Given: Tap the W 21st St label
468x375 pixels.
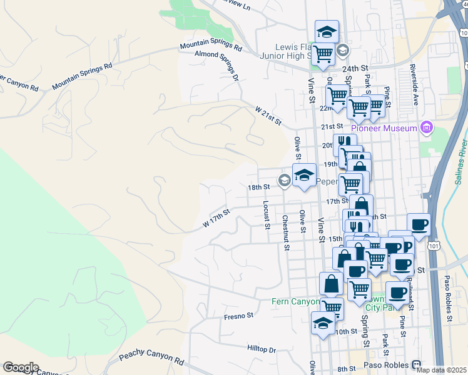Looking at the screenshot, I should pyautogui.click(x=268, y=116).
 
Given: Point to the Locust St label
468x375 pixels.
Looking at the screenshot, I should pyautogui.click(x=267, y=211).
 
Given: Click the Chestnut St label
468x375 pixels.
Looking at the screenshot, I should pyautogui.click(x=285, y=232).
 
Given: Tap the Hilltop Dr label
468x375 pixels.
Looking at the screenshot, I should pyautogui.click(x=262, y=350).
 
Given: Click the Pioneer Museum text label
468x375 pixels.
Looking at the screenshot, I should pyautogui.click(x=384, y=128).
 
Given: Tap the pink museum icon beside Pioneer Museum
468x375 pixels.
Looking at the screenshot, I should pyautogui.click(x=427, y=128).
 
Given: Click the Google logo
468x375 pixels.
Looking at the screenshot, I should pyautogui.click(x=21, y=367).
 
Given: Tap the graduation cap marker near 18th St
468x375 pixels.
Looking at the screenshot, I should pyautogui.click(x=304, y=176).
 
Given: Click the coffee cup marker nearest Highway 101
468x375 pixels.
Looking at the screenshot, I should pyautogui.click(x=418, y=224).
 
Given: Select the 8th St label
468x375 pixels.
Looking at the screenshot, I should pyautogui.click(x=346, y=369).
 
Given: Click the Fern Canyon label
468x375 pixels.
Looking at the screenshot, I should pyautogui.click(x=295, y=301).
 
